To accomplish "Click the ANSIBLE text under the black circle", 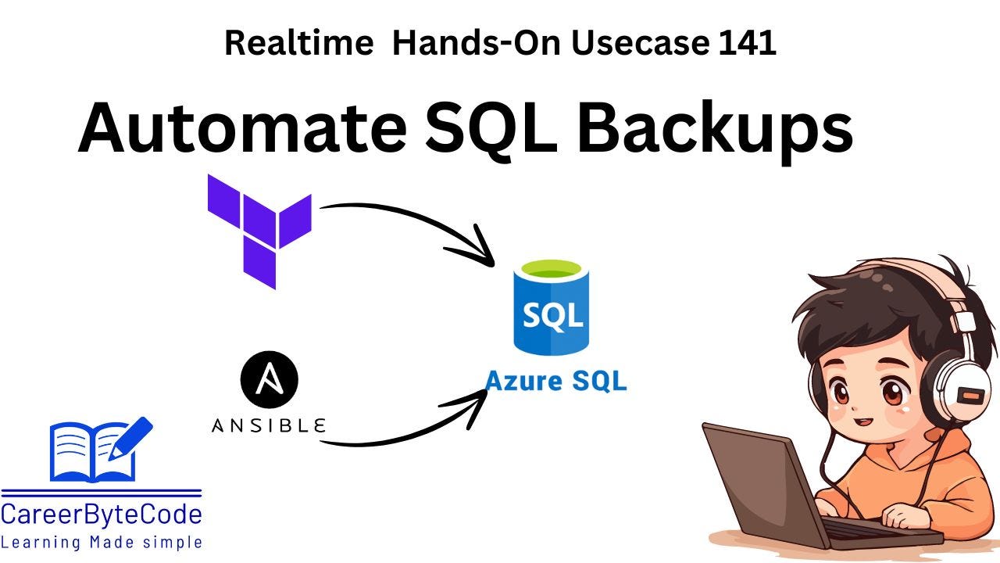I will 269,426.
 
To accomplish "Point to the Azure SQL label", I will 555,381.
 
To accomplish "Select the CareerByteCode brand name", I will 102,515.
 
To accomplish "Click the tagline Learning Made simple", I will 102,542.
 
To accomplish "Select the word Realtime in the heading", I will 298,43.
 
